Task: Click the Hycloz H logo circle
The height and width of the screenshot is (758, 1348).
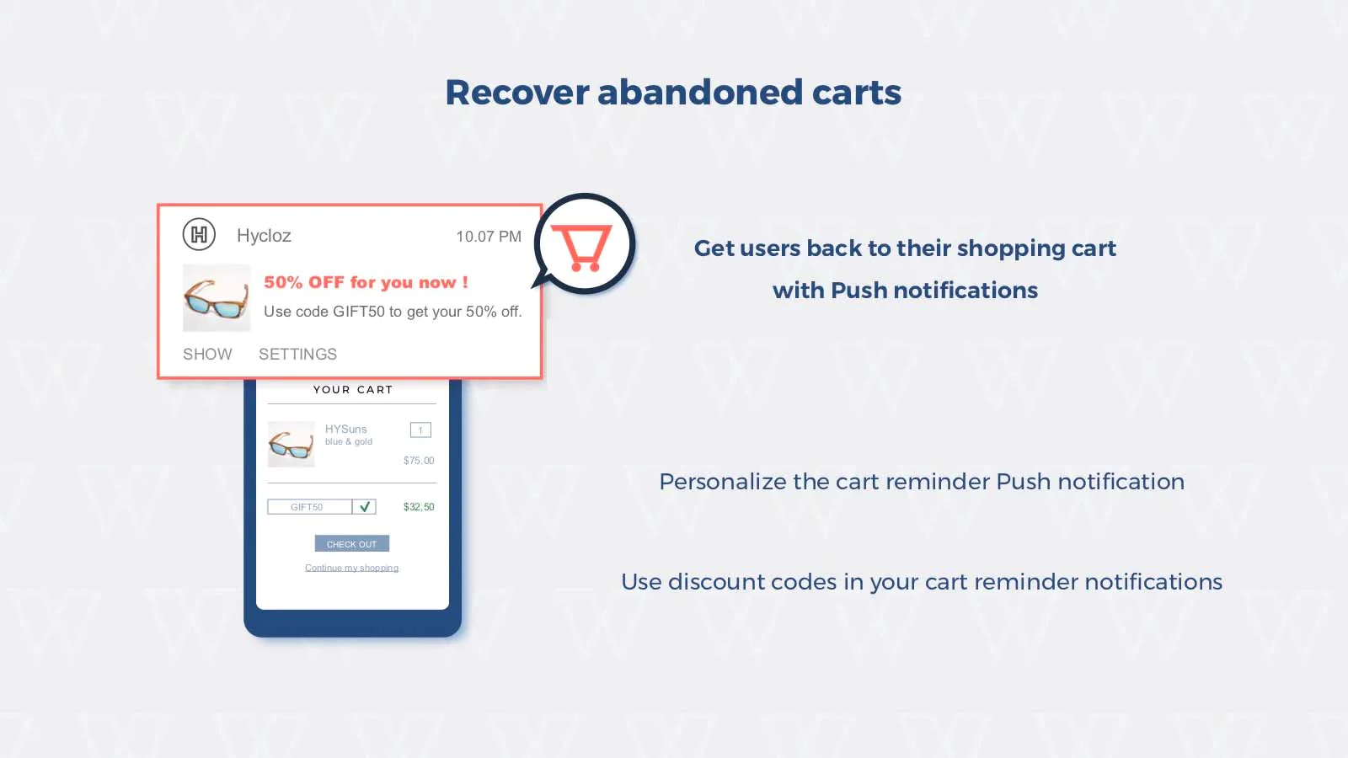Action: pyautogui.click(x=199, y=234)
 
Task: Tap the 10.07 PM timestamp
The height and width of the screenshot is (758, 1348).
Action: pyautogui.click(x=489, y=237)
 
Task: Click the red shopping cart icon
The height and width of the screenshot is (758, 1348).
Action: pyautogui.click(x=581, y=248)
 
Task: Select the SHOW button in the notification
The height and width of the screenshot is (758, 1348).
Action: pyautogui.click(x=207, y=354)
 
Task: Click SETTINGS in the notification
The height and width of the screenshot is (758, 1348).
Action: pyautogui.click(x=298, y=354)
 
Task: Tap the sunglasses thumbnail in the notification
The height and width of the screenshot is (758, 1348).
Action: pyautogui.click(x=217, y=298)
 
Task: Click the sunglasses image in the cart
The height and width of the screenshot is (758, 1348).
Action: pyautogui.click(x=292, y=444)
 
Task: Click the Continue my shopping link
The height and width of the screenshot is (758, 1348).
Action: pyautogui.click(x=351, y=568)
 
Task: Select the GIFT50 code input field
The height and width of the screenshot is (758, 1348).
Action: pyautogui.click(x=310, y=506)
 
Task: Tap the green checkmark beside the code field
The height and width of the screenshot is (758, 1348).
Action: pyautogui.click(x=365, y=506)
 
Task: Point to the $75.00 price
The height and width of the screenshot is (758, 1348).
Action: pyautogui.click(x=419, y=461)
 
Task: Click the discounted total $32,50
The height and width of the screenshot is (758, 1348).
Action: pyautogui.click(x=419, y=507)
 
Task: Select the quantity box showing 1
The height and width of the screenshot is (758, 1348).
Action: pyautogui.click(x=420, y=430)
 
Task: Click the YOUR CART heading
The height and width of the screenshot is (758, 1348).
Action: pyautogui.click(x=353, y=390)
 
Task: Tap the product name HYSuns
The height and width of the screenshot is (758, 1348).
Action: pyautogui.click(x=346, y=429)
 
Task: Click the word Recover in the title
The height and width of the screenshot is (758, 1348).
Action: pyautogui.click(x=517, y=93)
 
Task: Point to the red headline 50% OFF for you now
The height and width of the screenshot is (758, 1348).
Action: pyautogui.click(x=366, y=282)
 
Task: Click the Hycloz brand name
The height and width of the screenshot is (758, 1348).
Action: pyautogui.click(x=265, y=236)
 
